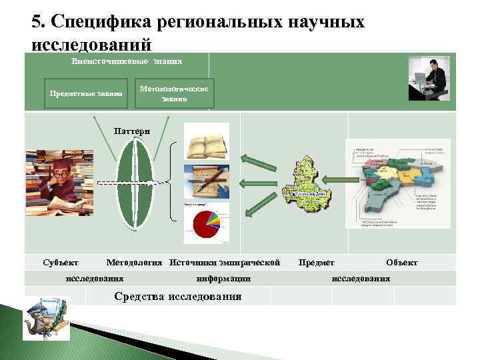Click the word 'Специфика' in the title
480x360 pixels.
pyautogui.click(x=101, y=22)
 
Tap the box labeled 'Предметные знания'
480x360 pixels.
pyautogui.click(x=86, y=93)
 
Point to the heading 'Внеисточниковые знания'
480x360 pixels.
pyautogui.click(x=127, y=61)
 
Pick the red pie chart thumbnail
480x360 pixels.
pyautogui.click(x=207, y=220)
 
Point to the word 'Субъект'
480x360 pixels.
pyautogui.click(x=59, y=263)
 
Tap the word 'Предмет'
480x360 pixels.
pyautogui.click(x=317, y=263)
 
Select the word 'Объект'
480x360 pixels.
pyautogui.click(x=401, y=263)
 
